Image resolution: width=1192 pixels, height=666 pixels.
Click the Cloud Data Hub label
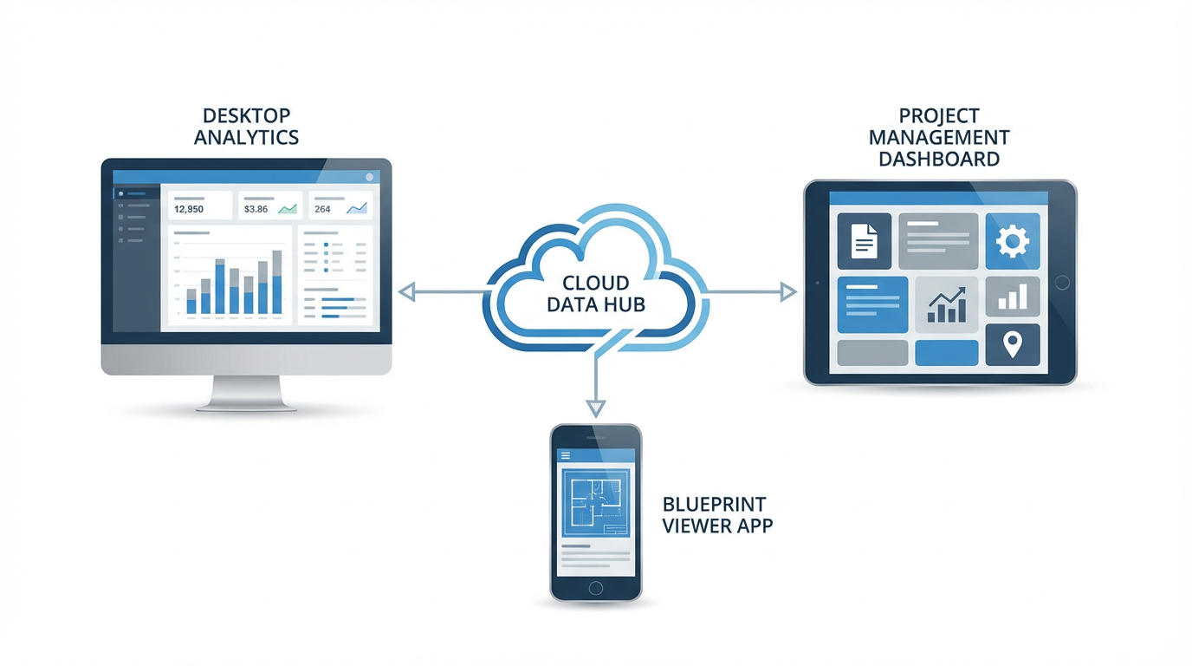(x=596, y=293)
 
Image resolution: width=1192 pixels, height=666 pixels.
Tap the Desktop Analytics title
(x=247, y=127)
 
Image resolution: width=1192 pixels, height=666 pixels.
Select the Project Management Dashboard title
(x=939, y=137)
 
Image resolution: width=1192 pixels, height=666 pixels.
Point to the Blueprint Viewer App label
(x=717, y=514)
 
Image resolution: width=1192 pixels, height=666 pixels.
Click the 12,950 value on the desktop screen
(x=189, y=209)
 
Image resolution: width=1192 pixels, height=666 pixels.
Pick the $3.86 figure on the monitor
(x=256, y=209)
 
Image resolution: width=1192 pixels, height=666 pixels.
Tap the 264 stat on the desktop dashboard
(x=323, y=209)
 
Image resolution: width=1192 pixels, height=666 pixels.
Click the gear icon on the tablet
(x=1012, y=241)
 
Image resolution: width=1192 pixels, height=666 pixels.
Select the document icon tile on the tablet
(x=864, y=241)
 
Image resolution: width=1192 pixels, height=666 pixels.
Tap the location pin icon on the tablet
(x=1012, y=345)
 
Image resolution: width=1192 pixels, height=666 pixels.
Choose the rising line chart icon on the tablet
(x=947, y=304)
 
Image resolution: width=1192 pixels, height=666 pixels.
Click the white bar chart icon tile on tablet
(x=1012, y=297)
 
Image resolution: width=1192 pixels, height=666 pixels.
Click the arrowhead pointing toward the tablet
(x=787, y=292)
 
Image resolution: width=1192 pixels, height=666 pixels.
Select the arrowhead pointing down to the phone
(x=595, y=408)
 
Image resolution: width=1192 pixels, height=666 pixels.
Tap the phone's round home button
(x=595, y=588)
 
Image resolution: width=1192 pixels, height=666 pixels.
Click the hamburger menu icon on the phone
(x=566, y=455)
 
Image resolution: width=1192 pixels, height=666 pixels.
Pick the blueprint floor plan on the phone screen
(x=595, y=503)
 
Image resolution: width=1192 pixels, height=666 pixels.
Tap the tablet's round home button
(x=1063, y=283)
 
